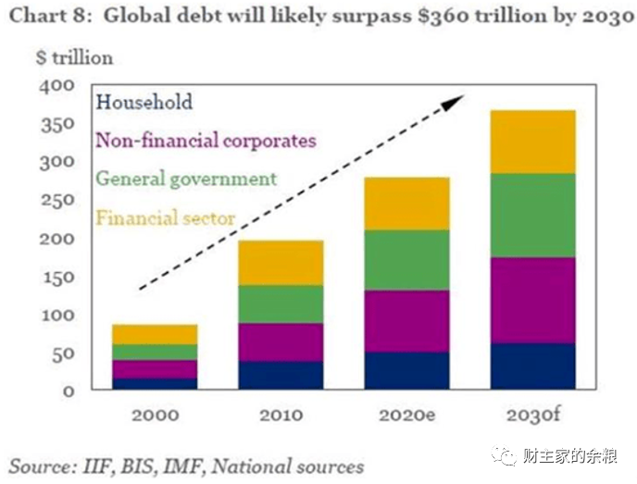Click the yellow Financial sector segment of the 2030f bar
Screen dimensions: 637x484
533,143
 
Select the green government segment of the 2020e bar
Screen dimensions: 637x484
407,260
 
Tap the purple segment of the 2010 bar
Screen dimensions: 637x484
281,342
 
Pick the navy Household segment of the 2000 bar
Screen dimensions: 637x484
156,384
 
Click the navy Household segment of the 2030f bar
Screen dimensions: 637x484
533,366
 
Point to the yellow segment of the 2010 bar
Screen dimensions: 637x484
281,263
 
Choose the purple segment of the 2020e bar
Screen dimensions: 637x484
407,321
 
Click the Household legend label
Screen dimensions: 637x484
144,102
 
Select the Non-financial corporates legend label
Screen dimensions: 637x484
206,141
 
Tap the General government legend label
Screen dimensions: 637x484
186,179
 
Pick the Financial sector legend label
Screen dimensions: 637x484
166,218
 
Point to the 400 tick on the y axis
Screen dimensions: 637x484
57,86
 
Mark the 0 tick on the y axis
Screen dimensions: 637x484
69,391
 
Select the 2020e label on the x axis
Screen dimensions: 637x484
407,416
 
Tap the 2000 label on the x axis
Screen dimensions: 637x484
156,416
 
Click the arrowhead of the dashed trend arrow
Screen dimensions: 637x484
453,102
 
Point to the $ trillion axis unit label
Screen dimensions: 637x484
74,57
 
